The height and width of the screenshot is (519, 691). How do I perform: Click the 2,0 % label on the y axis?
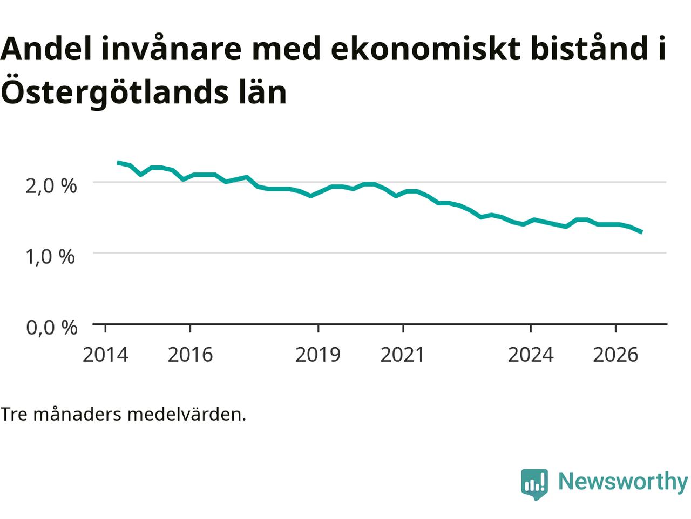click(51, 186)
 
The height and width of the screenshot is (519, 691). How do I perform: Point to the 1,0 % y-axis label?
click(50, 256)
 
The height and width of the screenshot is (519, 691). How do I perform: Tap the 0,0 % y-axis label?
click(52, 328)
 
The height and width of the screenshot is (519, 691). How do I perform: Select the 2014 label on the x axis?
click(105, 355)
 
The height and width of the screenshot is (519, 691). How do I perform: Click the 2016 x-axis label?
click(190, 355)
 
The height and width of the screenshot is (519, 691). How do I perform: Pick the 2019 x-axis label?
click(318, 355)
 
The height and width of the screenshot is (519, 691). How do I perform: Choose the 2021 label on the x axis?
click(403, 355)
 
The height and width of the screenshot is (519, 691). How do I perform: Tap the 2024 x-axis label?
click(531, 355)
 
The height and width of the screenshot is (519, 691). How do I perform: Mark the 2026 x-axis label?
click(615, 355)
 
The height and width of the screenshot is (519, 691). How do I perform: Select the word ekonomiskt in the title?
click(425, 49)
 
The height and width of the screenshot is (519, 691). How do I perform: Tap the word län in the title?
click(262, 90)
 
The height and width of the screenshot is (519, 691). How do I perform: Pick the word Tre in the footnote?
click(14, 415)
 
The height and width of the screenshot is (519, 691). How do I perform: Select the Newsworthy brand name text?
click(623, 482)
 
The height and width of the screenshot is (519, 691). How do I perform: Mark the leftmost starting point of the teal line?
click(118, 163)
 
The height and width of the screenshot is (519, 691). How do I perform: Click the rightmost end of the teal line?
click(642, 232)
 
